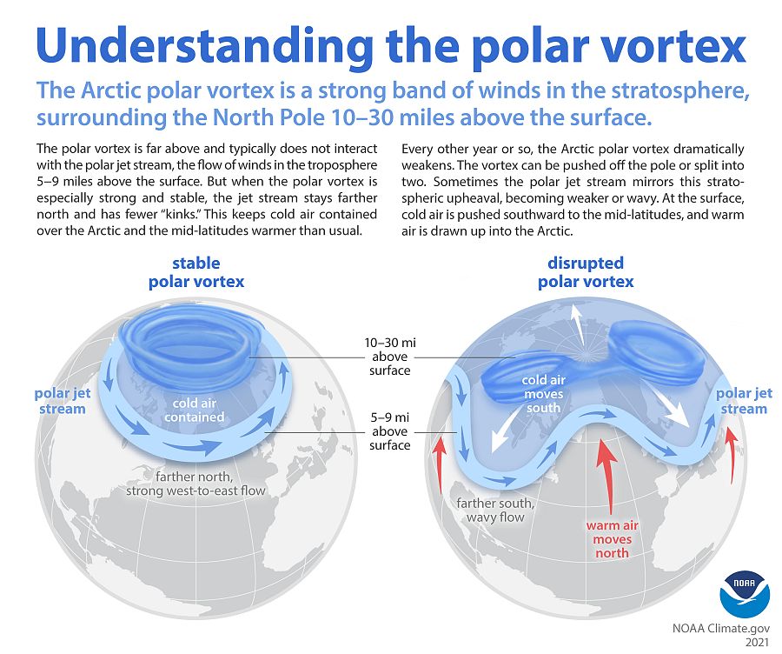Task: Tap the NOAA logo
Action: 744,591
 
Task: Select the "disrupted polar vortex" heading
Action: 585,271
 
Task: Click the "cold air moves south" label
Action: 543,394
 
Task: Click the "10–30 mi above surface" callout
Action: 388,357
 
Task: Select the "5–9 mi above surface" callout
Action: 388,432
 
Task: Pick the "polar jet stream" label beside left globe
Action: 63,401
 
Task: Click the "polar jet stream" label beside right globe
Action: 744,401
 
